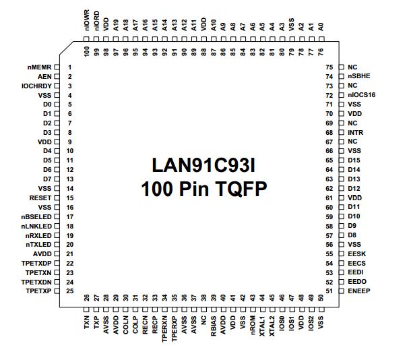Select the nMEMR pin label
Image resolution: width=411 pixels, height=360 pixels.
tap(38, 67)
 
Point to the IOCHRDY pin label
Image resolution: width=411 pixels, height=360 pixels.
tap(36, 86)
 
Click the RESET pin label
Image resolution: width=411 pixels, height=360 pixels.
tap(40, 198)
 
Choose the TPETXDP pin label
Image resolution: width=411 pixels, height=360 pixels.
tap(36, 263)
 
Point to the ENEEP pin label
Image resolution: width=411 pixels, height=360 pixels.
tap(358, 291)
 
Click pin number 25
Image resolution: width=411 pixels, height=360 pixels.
tap(70, 291)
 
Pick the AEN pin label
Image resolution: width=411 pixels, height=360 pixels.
tap(45, 77)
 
